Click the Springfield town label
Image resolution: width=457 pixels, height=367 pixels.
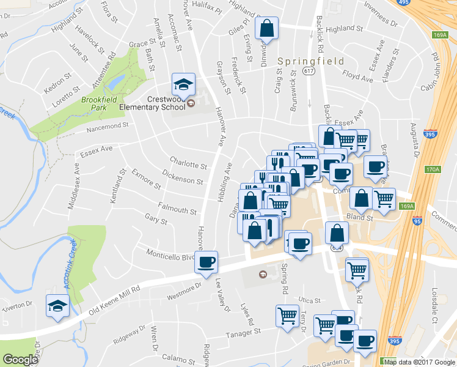[310, 62]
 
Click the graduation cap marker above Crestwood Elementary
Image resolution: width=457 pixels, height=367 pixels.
[183, 83]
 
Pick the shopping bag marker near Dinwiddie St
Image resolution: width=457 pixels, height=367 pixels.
[267, 28]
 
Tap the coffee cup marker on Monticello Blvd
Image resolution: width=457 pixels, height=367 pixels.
[207, 262]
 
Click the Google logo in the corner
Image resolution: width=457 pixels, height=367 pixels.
[20, 360]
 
